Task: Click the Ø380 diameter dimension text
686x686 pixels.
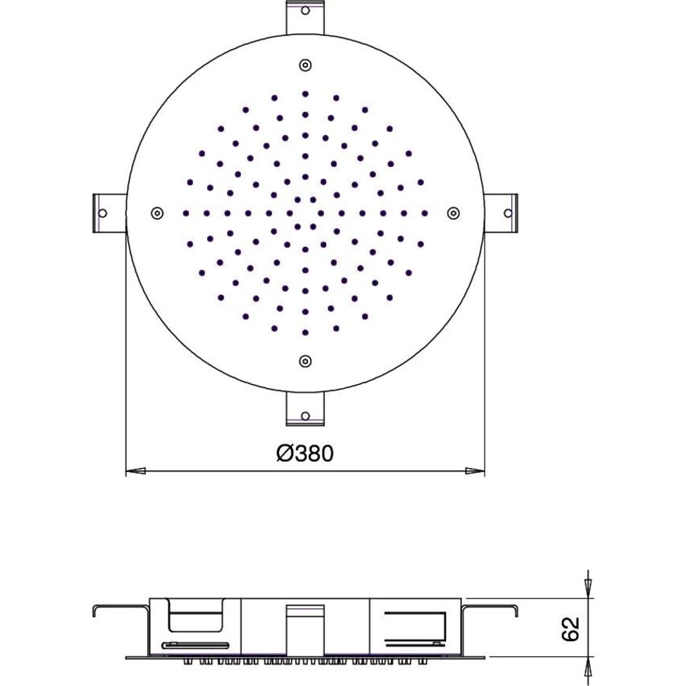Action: (305, 454)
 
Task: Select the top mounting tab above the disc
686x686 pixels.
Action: (305, 17)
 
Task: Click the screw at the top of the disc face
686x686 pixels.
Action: (305, 65)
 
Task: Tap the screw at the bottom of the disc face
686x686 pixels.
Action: (305, 361)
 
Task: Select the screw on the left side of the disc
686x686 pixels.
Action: (156, 213)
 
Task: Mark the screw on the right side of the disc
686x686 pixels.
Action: (453, 213)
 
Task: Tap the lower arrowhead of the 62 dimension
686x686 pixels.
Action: (587, 667)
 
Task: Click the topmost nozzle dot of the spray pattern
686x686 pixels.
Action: (305, 94)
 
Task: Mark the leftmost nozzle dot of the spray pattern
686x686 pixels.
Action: (185, 213)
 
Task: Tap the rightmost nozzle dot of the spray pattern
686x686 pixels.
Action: (425, 213)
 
